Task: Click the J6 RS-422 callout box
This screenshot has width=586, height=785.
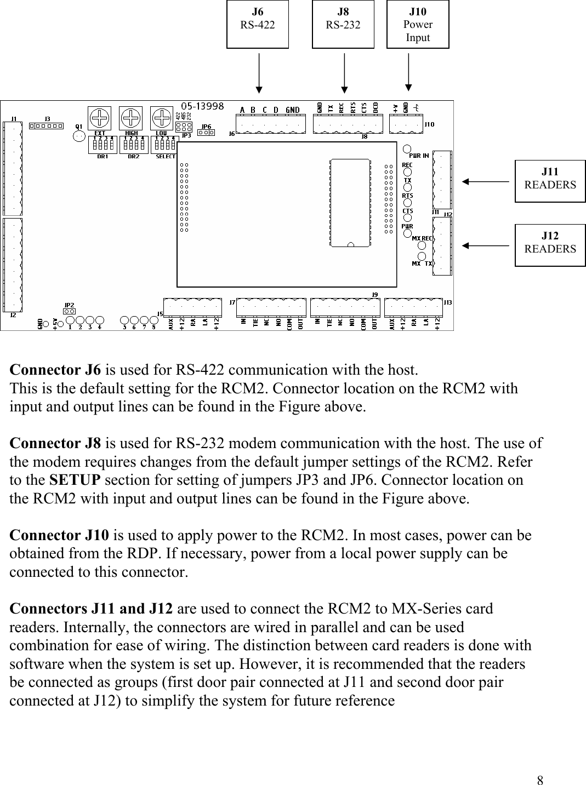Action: tap(258, 25)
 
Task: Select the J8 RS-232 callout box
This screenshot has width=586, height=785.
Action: tap(343, 25)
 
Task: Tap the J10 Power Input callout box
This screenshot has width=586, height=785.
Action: tap(418, 25)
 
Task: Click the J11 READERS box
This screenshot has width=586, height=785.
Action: tap(550, 179)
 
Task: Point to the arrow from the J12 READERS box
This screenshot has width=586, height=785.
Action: tap(486, 246)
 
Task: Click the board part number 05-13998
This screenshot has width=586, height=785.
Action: tap(202, 106)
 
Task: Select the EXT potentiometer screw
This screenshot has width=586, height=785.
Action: tap(99, 118)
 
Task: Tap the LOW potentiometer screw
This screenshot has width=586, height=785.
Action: tap(161, 118)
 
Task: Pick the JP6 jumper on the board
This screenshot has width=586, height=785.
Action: tap(206, 132)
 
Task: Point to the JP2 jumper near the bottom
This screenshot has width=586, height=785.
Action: tap(70, 311)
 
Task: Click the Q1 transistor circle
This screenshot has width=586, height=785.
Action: tap(79, 136)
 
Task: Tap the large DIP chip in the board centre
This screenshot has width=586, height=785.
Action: tap(350, 203)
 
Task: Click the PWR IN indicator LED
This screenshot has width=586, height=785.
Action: tap(407, 149)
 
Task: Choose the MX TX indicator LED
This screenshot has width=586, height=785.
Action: tap(422, 257)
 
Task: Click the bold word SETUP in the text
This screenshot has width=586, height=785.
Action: tap(75, 480)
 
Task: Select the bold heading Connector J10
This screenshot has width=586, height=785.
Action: tap(59, 535)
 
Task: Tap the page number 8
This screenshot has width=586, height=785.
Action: tap(541, 780)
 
